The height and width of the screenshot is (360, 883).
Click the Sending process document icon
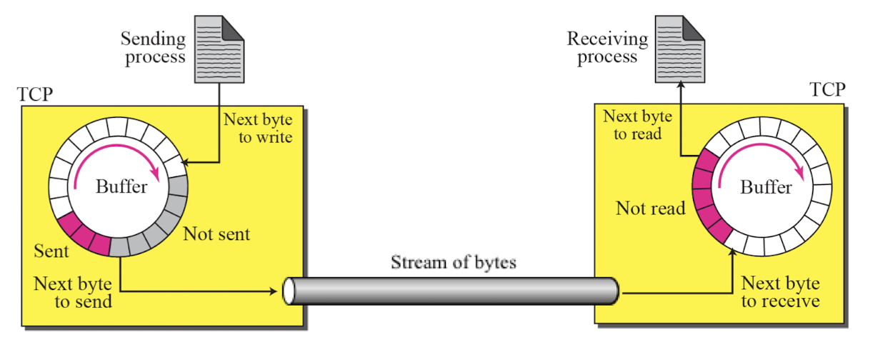219,49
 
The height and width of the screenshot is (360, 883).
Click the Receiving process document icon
680,49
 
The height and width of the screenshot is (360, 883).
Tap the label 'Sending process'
154,48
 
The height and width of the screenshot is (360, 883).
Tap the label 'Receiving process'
607,48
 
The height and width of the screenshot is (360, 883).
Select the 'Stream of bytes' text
454,262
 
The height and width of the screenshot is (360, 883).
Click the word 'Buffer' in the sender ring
121,186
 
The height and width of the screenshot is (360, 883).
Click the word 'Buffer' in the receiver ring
766,187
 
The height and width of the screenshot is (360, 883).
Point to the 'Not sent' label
216,234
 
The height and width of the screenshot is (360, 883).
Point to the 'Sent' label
51,251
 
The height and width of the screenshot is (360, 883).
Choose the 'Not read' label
650,208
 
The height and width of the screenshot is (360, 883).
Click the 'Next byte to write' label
258,128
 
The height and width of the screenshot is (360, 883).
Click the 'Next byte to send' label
73,293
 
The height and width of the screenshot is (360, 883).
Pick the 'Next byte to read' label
638,125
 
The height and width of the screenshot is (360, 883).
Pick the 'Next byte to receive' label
781,292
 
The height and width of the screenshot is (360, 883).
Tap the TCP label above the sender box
35,94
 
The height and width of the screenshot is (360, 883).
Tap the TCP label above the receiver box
827,89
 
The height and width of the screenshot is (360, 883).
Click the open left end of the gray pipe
289,291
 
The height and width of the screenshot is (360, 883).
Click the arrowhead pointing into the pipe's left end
273,291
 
